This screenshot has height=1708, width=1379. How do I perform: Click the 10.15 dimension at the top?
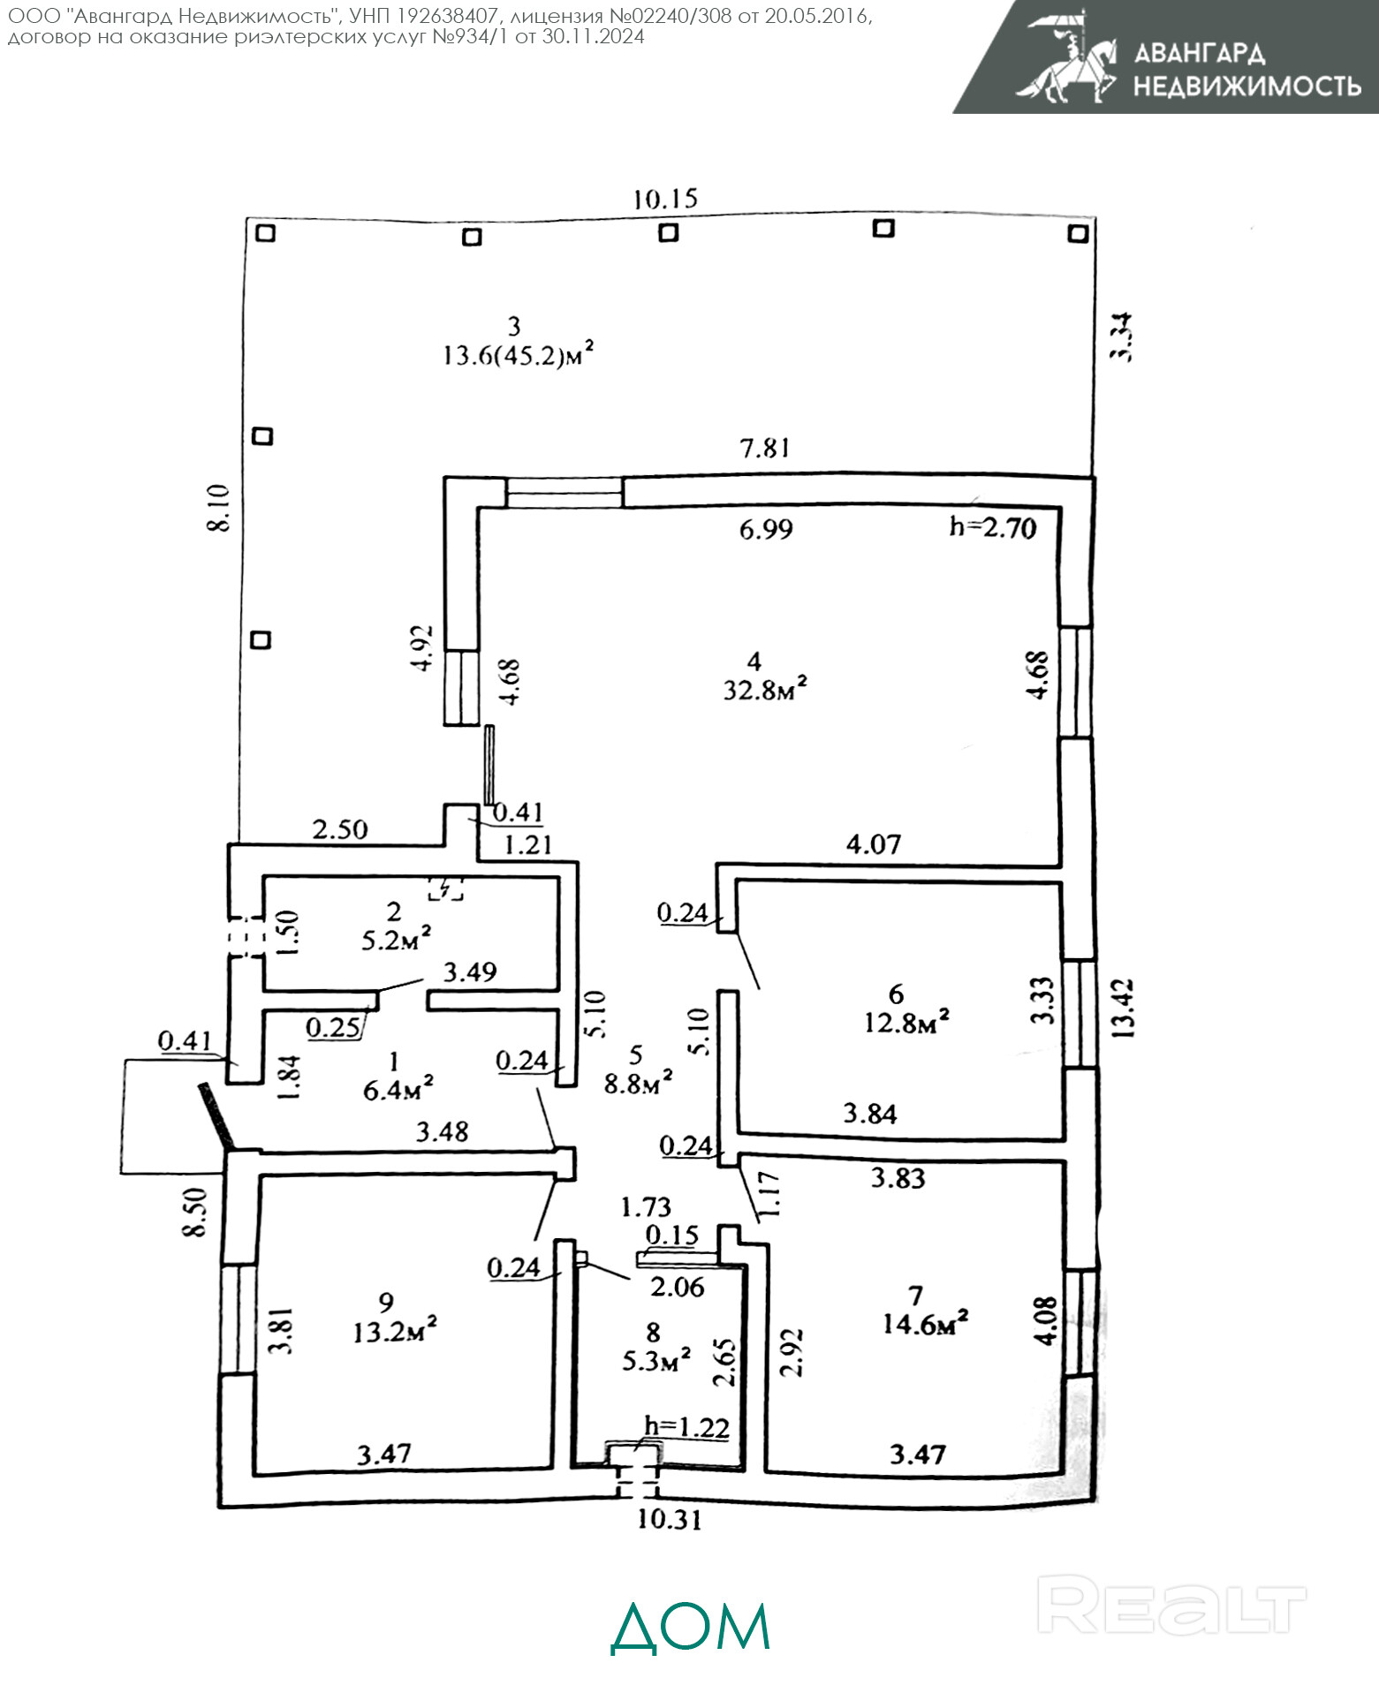pos(665,199)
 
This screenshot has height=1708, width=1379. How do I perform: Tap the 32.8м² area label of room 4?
pos(765,690)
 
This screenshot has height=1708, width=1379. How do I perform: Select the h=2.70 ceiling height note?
pos(992,527)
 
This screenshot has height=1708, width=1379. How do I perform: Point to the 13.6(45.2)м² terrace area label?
pos(518,356)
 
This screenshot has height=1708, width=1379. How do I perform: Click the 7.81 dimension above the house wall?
pos(765,449)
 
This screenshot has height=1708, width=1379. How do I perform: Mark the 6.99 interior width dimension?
pos(766,529)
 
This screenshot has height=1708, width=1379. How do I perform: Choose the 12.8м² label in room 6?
pos(906,1023)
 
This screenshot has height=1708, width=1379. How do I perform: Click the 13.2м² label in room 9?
pos(395,1331)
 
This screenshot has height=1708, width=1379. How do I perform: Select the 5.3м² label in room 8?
pos(656,1360)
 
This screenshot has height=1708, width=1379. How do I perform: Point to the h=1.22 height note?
pos(686,1426)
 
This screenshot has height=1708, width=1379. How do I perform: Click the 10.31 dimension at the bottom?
pos(669,1519)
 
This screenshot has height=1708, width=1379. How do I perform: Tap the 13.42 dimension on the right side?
pos(1123,1008)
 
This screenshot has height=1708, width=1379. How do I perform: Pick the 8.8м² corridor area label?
pos(638,1083)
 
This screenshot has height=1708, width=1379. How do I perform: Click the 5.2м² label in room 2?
pos(396,940)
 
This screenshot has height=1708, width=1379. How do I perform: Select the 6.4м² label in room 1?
pos(398,1090)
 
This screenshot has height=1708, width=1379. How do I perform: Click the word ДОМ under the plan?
pos(691,1627)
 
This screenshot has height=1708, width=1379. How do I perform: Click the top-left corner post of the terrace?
pos(265,233)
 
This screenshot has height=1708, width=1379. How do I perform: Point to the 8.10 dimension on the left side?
pos(218,508)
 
